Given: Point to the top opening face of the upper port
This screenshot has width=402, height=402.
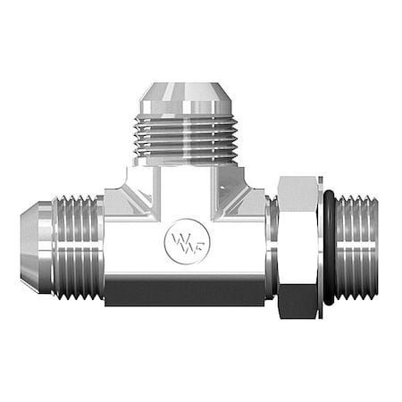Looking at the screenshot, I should click(x=187, y=85).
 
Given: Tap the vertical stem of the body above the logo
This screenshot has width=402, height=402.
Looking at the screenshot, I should click(x=186, y=197).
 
